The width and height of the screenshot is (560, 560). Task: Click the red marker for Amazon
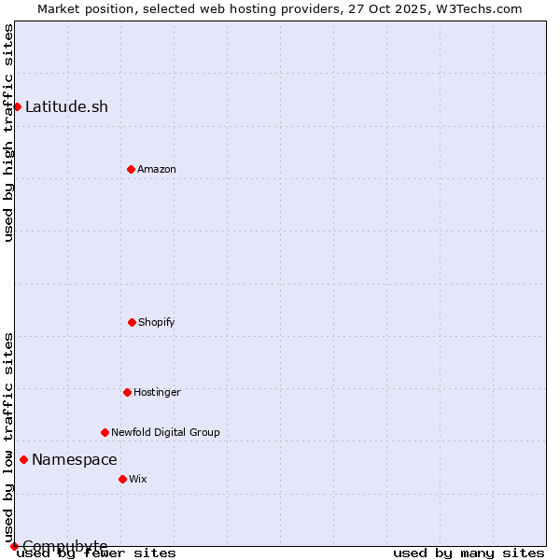pos(131,169)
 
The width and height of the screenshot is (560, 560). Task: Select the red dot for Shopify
pos(132,322)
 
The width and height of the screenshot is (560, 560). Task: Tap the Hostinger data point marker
pos(127,392)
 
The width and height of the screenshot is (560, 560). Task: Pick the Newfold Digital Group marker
pos(105,432)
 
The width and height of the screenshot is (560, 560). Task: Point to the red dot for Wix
pos(122,479)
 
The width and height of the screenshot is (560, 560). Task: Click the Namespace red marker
pos(23,459)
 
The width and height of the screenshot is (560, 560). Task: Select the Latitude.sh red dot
pos(17,106)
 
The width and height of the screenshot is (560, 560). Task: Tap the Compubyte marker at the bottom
pos(14,546)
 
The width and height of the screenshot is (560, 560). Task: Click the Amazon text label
pos(157,169)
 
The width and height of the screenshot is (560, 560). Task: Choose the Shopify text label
pos(157,322)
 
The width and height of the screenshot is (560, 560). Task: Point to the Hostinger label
pos(157,392)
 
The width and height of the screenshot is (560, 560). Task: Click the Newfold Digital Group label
pos(165,432)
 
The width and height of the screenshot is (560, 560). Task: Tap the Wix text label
pos(138,479)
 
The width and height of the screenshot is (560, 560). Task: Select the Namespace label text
pos(75,459)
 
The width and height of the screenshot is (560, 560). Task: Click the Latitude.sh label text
pos(66,106)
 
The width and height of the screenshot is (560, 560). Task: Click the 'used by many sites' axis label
pos(469,553)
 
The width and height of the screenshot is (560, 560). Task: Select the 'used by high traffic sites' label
pos(8,133)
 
